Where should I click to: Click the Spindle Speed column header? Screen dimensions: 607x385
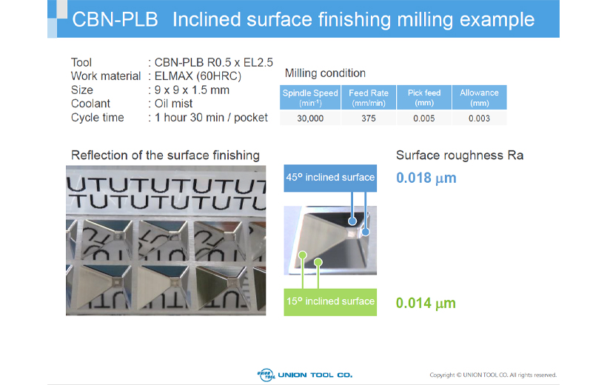[310, 98]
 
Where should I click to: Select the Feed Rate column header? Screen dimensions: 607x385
[369, 98]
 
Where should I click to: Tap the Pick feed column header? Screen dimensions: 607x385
[424, 98]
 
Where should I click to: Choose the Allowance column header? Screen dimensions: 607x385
[479, 98]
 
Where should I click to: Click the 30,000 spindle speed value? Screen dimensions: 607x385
[310, 118]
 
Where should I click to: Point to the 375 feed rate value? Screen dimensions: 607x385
[369, 118]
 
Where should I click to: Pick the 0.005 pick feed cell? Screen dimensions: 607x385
[424, 118]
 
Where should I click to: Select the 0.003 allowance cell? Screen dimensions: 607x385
[479, 118]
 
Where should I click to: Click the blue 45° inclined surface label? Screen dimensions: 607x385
[330, 178]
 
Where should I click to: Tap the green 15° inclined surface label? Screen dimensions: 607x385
[330, 302]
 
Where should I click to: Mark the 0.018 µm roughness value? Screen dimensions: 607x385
[426, 178]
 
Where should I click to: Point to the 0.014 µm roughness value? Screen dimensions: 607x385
[426, 303]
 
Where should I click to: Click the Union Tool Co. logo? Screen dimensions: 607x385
[305, 375]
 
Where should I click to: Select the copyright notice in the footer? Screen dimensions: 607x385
[493, 375]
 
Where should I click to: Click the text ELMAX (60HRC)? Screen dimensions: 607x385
[198, 76]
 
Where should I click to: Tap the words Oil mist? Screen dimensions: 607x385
[173, 104]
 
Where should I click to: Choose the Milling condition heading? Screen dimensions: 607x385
[325, 73]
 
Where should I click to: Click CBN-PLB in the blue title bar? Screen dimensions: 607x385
[115, 19]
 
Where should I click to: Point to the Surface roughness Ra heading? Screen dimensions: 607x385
[460, 155]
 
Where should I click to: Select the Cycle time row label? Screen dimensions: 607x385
[98, 118]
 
